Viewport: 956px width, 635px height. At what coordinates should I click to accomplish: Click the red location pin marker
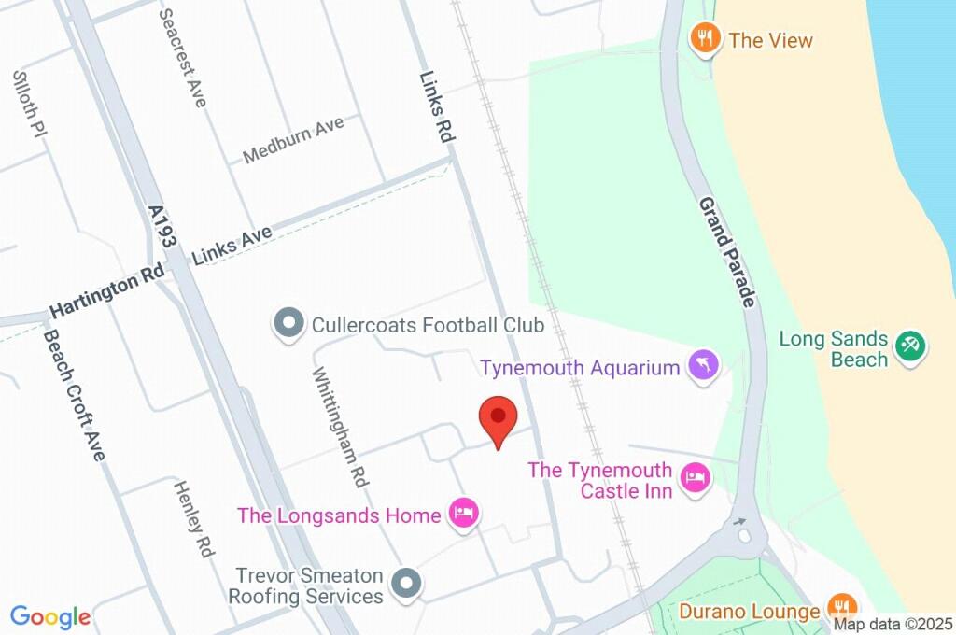tap(499, 419)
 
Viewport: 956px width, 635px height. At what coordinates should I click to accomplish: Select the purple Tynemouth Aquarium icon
tap(704, 365)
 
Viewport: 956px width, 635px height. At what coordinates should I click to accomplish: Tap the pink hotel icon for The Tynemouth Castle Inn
tap(695, 479)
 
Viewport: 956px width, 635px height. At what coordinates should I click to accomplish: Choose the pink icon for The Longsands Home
tap(464, 513)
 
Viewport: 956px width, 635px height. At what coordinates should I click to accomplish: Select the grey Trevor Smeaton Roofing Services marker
tap(406, 585)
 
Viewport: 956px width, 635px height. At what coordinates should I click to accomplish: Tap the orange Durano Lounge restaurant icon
tap(841, 606)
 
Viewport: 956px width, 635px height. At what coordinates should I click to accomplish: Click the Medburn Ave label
tap(293, 140)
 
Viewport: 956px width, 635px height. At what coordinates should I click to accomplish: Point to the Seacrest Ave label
tap(183, 58)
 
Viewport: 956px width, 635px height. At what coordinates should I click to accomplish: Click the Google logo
tap(50, 616)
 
